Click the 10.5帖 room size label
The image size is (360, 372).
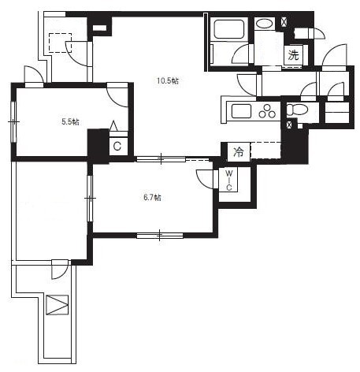coord(168,80)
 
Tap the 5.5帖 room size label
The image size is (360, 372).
coord(70,122)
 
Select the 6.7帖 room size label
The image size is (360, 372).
coord(152,198)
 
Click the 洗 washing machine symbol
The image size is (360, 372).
coord(294,55)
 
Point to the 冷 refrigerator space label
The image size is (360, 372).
coord(239,152)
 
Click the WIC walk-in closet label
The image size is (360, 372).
coord(229,180)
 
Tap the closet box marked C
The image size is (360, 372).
coord(117,146)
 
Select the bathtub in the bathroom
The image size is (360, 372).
coord(229,29)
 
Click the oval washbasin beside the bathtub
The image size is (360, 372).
coord(265,24)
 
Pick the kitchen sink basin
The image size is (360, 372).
coord(241,111)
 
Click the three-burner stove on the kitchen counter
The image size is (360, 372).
coord(267,111)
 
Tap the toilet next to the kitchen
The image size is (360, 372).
coord(297,110)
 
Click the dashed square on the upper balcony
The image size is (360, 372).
coord(60,43)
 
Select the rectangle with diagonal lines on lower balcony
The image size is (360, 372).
coord(58,305)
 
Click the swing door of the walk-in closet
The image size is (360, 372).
coord(206,179)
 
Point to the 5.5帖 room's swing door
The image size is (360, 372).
coord(117,95)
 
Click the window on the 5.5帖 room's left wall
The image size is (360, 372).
coord(13,122)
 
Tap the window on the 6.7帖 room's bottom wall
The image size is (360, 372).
coord(160,236)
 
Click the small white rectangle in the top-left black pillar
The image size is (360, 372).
coord(99,28)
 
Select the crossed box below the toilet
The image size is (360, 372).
coord(289,125)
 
